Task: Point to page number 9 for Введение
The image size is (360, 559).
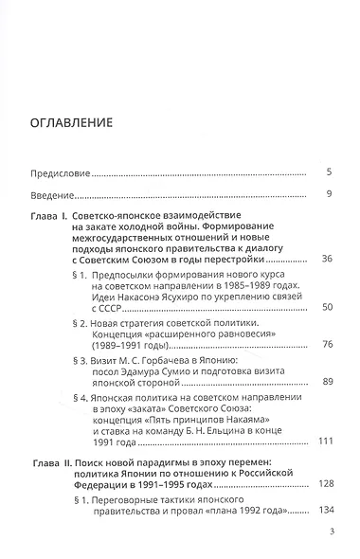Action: click(327, 194)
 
